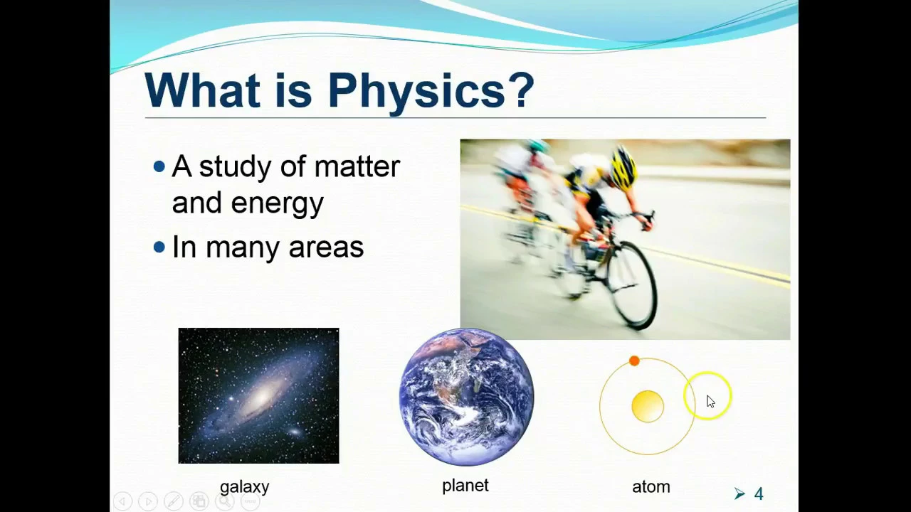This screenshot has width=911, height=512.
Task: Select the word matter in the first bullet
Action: (x=357, y=167)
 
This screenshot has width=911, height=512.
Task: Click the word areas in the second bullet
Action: (x=326, y=247)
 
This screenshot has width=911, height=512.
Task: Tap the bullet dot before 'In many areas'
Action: (x=159, y=247)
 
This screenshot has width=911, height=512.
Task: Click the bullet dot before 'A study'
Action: (x=159, y=166)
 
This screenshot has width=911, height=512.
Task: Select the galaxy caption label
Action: (x=244, y=487)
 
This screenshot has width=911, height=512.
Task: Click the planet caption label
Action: (x=465, y=486)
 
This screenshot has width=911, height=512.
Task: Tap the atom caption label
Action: (x=651, y=487)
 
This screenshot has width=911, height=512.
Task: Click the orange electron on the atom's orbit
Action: (x=634, y=361)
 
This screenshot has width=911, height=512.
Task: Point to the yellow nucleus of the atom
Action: (x=648, y=406)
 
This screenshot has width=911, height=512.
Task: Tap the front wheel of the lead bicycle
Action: (x=633, y=284)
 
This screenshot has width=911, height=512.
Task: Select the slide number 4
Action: (x=759, y=494)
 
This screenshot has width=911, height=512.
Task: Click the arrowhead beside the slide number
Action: (x=739, y=494)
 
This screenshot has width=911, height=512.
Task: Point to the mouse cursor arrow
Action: (x=710, y=402)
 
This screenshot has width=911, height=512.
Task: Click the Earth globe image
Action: (x=466, y=397)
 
